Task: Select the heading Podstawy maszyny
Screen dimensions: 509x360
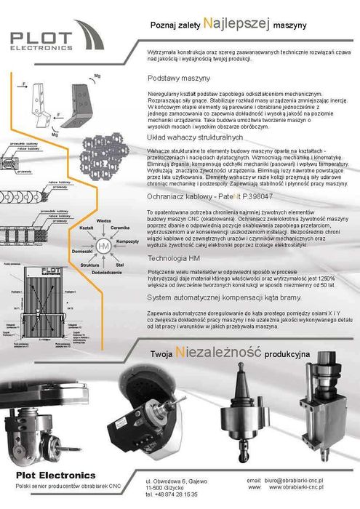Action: pos(179,78)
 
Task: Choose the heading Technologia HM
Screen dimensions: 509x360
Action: pos(174,259)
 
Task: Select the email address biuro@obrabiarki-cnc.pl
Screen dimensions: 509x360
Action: pos(300,481)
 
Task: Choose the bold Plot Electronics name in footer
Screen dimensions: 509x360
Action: pos(55,475)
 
